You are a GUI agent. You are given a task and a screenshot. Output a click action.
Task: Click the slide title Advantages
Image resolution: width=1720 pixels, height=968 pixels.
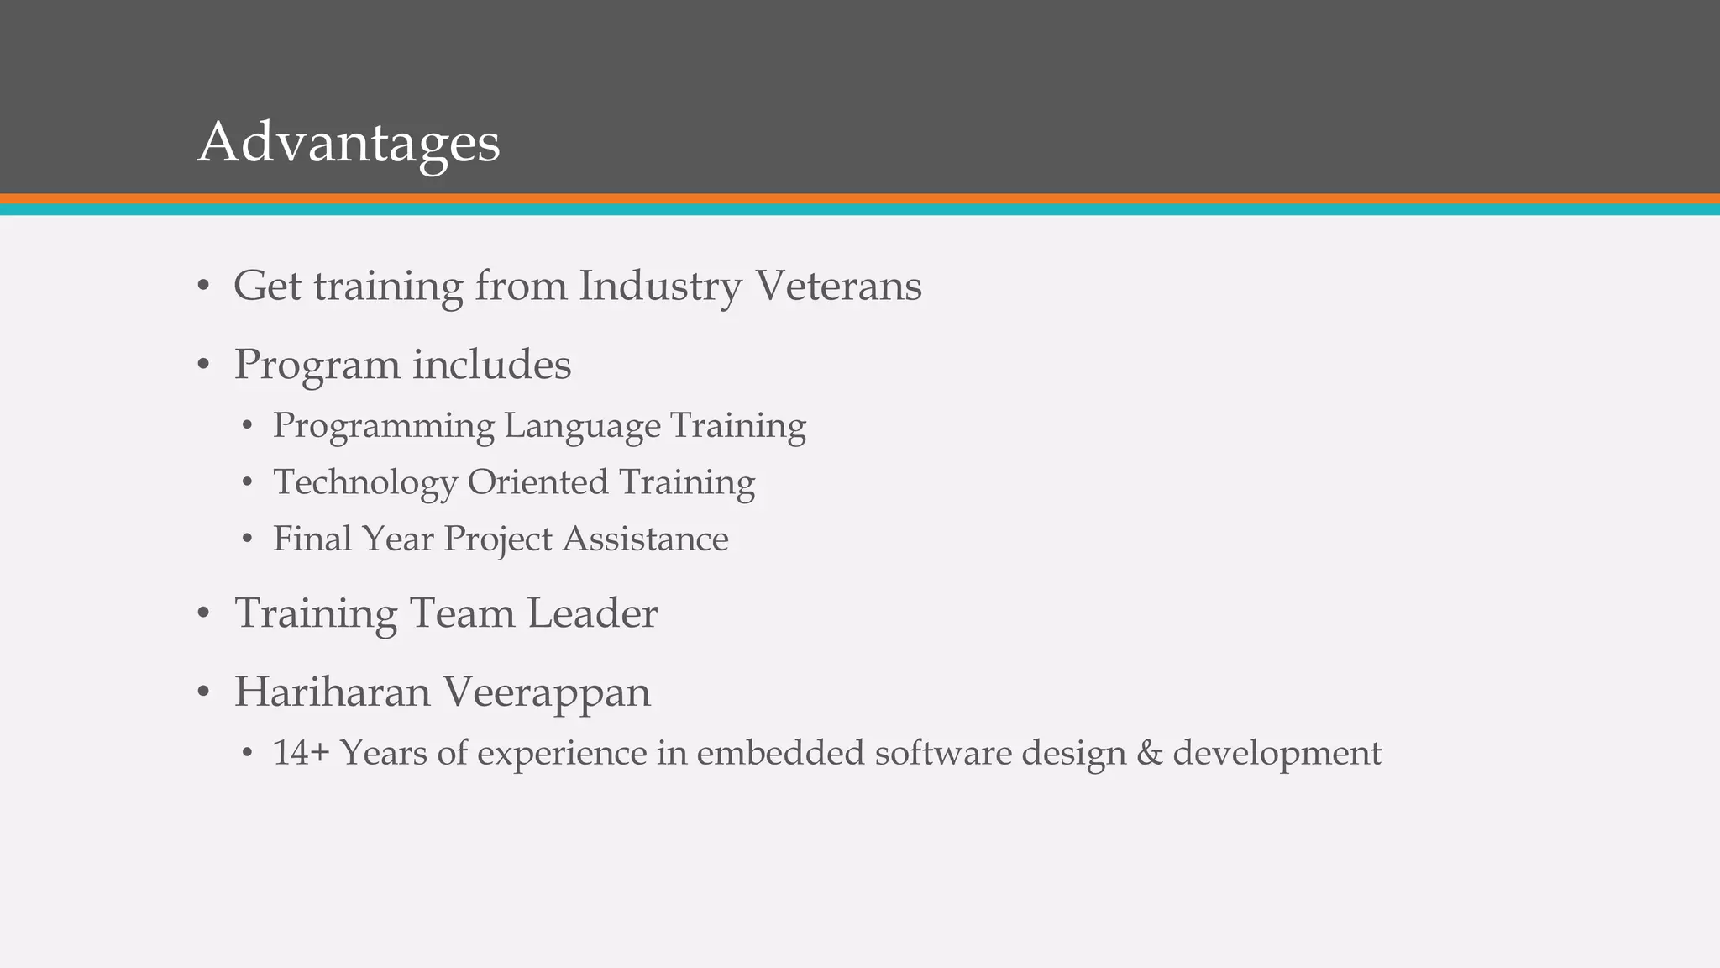click(349, 143)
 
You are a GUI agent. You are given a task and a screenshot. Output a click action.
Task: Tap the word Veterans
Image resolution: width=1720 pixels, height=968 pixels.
click(839, 286)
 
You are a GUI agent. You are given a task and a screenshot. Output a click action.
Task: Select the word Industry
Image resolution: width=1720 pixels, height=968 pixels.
click(660, 287)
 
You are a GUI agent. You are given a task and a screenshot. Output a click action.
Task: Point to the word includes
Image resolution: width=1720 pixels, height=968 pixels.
click(491, 365)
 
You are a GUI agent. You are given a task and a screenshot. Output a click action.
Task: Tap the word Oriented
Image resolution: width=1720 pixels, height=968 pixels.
click(537, 482)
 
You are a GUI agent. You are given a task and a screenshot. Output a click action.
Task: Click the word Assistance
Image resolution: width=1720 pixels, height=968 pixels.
click(645, 539)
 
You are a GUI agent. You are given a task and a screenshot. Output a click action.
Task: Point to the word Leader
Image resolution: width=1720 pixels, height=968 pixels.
click(592, 613)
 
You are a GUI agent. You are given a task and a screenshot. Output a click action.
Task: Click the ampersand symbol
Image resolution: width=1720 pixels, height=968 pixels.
click(1149, 753)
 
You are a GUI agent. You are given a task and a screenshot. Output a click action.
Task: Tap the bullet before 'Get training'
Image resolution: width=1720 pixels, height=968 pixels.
click(202, 287)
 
